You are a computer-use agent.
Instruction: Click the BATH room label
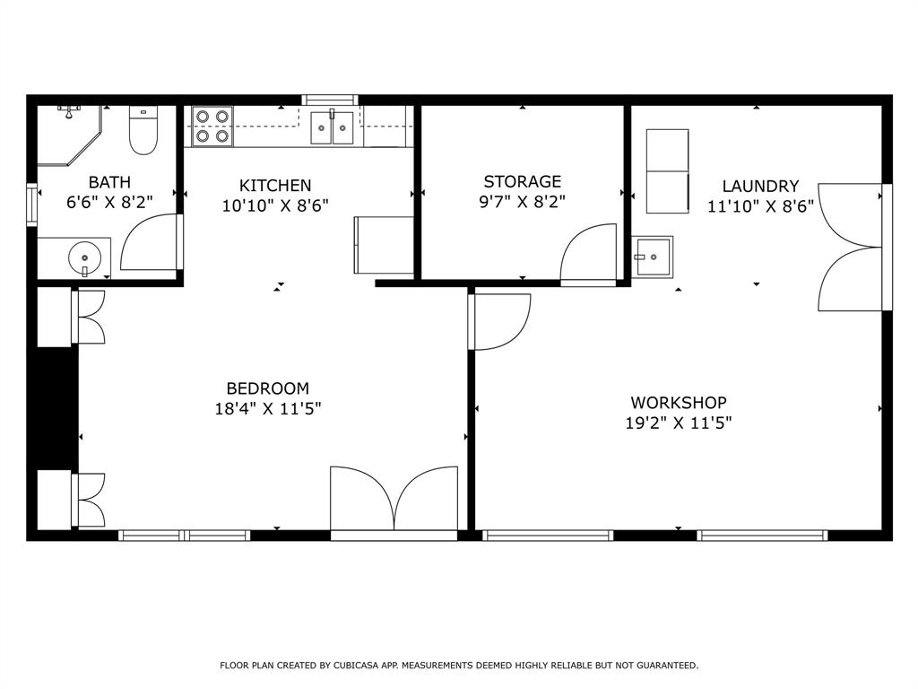pos(108,182)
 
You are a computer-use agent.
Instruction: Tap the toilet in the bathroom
pos(143,130)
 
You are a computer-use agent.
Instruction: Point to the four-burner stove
pos(212,126)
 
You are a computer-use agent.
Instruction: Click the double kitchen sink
pos(332,127)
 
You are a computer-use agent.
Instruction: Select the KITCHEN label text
pos(275,186)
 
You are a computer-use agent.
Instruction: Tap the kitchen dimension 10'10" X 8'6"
pos(275,205)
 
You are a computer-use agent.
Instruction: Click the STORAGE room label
pos(522,182)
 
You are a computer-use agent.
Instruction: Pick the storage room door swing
pos(590,253)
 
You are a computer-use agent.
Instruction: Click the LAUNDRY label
pos(760,187)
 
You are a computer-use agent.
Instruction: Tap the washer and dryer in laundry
pos(668,170)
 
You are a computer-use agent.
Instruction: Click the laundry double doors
pos(852,248)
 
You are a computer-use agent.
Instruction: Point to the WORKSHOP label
pos(679,403)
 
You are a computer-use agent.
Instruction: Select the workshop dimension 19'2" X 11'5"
pos(679,423)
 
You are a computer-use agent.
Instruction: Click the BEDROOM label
pos(267,388)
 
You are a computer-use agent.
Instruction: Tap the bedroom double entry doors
pos(394,501)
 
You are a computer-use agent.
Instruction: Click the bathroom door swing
pos(151,242)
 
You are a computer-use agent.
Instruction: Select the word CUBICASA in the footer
pos(361,666)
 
